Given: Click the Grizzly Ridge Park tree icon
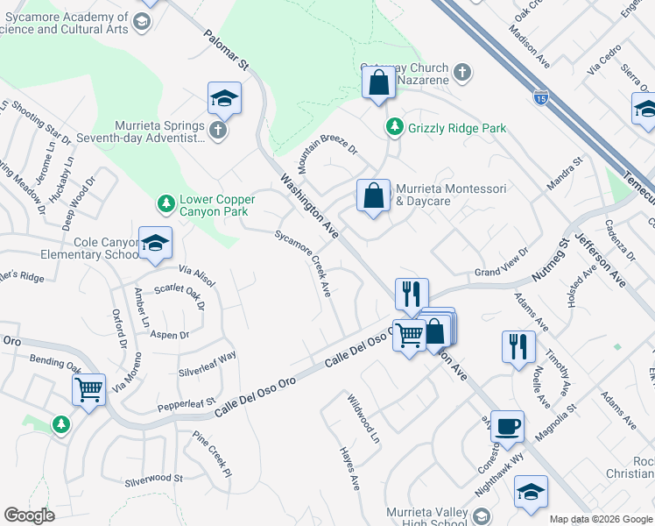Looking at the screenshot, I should pyautogui.click(x=395, y=128).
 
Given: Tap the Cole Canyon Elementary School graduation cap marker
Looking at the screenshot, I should pyautogui.click(x=155, y=244).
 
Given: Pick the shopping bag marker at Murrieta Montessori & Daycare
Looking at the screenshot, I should pyautogui.click(x=373, y=196).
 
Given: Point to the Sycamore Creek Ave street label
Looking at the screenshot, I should pyautogui.click(x=303, y=263).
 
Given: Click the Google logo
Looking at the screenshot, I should pyautogui.click(x=29, y=515).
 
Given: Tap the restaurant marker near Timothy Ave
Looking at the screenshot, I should pyautogui.click(x=518, y=346).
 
